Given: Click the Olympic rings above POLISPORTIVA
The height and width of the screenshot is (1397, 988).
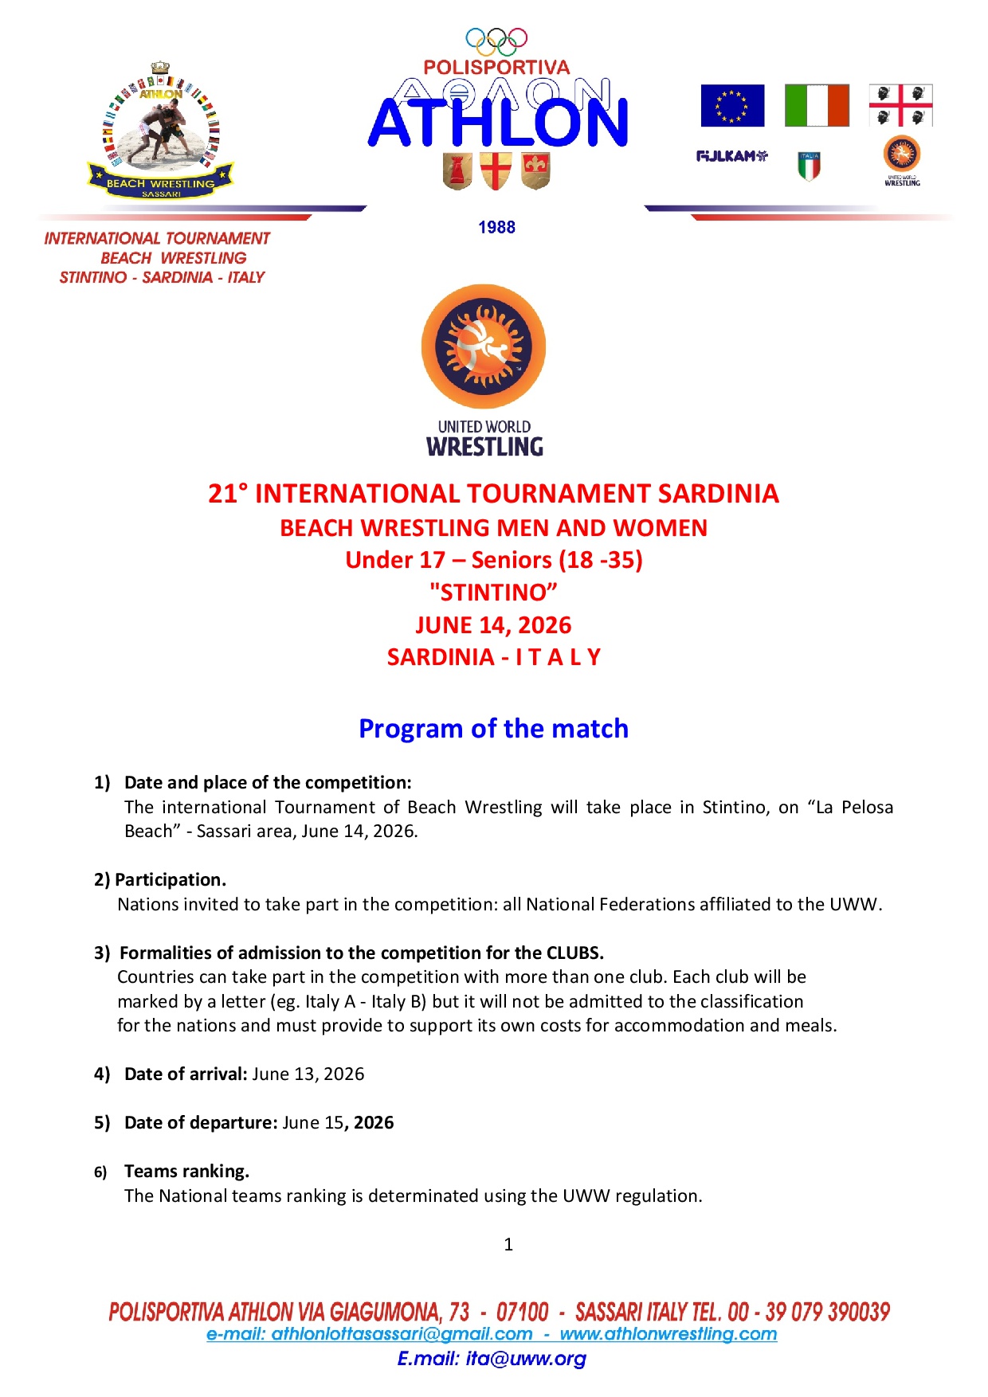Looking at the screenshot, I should click(496, 41).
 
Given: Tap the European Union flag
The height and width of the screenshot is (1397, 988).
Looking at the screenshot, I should click(732, 106).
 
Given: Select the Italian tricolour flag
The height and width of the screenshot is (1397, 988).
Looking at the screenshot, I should click(817, 106).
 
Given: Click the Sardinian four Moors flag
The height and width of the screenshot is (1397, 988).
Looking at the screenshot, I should click(900, 106).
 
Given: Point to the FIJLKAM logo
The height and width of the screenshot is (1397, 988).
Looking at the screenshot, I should click(731, 156).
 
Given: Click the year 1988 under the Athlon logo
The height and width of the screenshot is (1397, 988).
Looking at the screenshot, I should click(496, 228).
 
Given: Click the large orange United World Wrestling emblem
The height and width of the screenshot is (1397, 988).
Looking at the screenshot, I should click(484, 347).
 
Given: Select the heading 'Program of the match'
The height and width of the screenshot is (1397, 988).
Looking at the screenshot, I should click(493, 729).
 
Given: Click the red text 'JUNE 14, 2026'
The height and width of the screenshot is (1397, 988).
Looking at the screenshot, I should click(493, 625).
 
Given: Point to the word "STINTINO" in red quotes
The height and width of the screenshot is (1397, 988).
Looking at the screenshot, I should click(493, 593).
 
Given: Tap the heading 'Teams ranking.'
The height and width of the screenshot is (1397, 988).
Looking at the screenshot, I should click(186, 1171).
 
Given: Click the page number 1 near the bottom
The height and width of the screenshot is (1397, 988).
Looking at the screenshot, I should click(508, 1244).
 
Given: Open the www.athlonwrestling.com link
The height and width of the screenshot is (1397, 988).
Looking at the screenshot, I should click(668, 1334).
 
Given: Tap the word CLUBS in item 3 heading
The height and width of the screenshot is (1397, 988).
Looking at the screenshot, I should click(574, 953).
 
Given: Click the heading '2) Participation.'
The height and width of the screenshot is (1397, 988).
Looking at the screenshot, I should click(160, 879).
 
